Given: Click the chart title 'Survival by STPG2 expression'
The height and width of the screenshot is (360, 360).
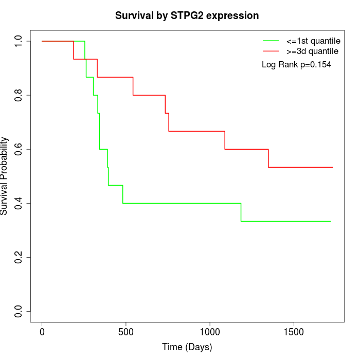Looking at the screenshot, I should (187, 16).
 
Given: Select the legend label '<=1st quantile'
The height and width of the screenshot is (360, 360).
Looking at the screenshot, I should (313, 41).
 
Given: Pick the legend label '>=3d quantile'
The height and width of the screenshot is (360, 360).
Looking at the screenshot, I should (313, 51).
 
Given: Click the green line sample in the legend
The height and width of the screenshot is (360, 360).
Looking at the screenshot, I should (271, 41).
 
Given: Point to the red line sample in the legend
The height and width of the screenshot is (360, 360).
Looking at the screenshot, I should (271, 51).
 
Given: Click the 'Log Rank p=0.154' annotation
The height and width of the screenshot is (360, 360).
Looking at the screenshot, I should (296, 65).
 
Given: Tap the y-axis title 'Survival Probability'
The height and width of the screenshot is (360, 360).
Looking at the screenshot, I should (5, 176).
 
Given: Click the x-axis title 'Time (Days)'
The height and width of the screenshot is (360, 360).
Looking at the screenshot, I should (187, 347).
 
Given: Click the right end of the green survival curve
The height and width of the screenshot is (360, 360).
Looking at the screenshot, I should (330, 221).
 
